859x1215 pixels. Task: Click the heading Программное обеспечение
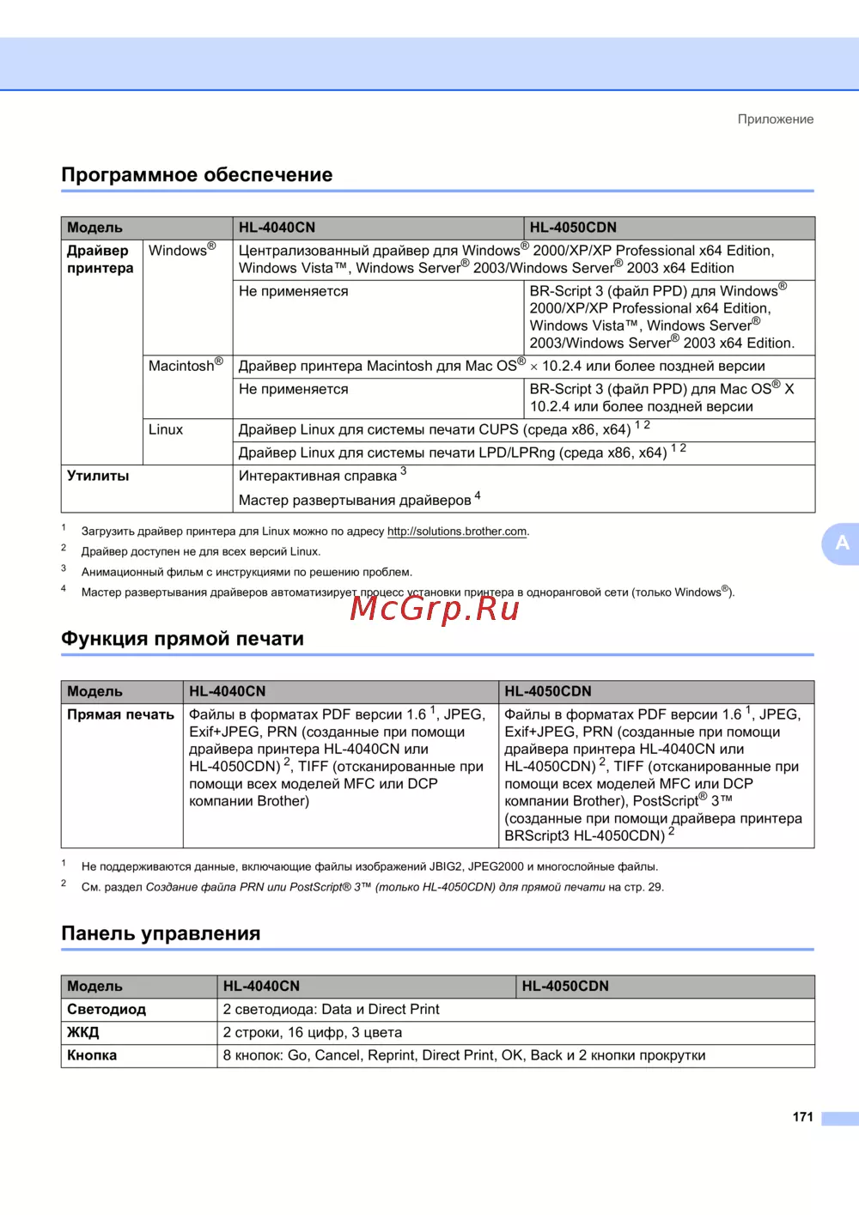(x=197, y=175)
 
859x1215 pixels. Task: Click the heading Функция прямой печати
(x=182, y=639)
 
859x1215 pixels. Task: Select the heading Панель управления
(x=161, y=933)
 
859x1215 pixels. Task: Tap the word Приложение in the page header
(x=775, y=119)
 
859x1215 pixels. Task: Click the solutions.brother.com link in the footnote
(x=457, y=532)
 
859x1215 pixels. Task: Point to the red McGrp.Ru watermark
(x=435, y=608)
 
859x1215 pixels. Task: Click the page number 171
(x=802, y=1117)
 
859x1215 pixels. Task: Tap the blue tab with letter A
(x=842, y=543)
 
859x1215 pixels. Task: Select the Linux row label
(x=166, y=429)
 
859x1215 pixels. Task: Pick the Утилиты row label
(x=98, y=476)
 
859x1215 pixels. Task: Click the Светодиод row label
(x=107, y=1010)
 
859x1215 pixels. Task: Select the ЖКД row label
(x=83, y=1032)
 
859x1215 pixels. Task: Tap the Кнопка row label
(x=92, y=1055)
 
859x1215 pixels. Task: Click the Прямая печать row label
(x=120, y=714)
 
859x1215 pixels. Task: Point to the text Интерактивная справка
(x=318, y=476)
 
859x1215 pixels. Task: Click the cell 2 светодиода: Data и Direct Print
(x=331, y=1010)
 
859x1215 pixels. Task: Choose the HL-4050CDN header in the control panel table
(x=565, y=987)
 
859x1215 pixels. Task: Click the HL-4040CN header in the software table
(x=277, y=228)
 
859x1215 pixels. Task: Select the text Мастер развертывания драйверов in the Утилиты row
(x=354, y=501)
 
